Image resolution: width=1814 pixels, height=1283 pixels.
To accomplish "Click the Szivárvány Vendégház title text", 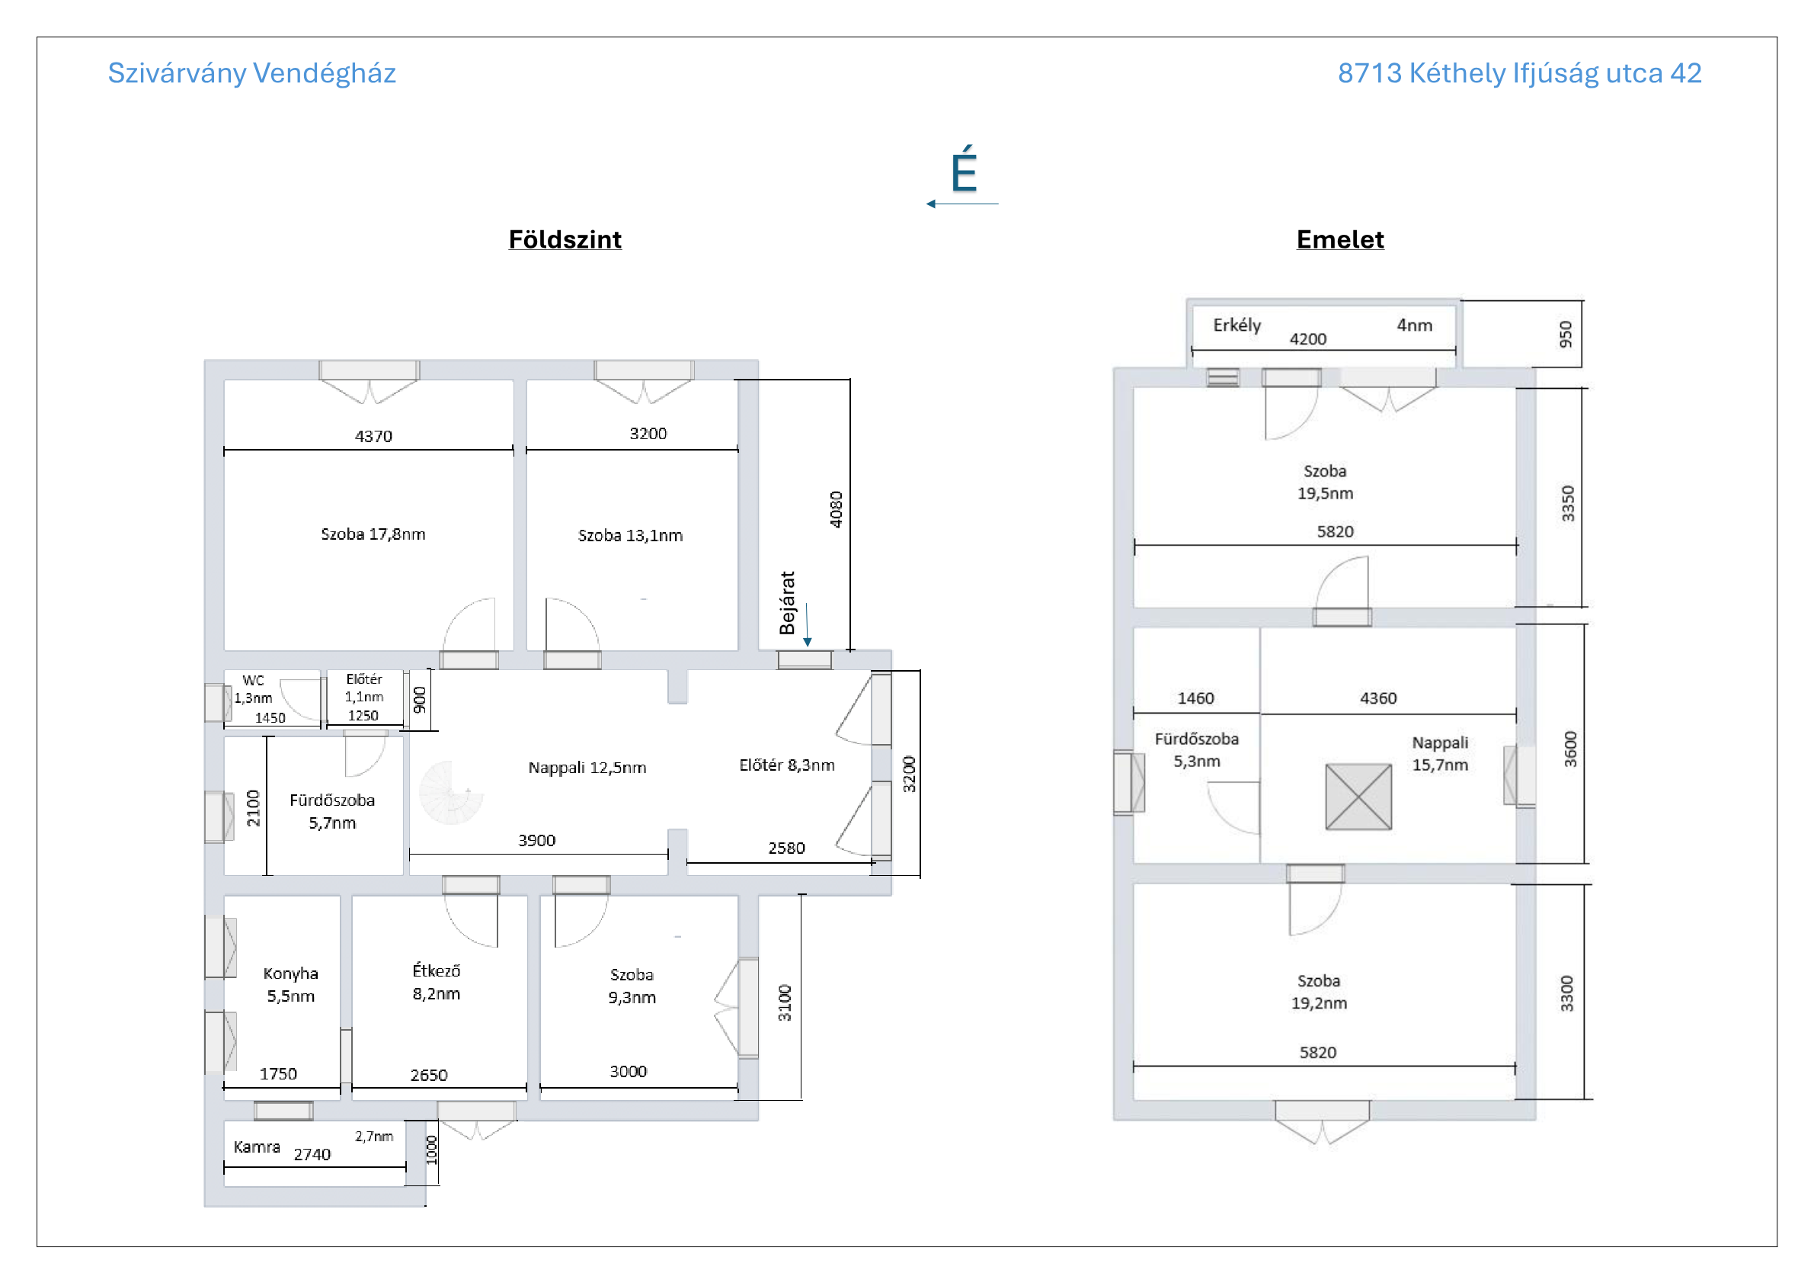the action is point(251,73).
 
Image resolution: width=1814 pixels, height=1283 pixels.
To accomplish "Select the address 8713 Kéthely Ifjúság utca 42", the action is point(1518,73).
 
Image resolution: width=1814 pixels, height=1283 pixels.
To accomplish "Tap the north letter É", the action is point(964,168).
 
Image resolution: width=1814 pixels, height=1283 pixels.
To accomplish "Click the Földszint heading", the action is point(565,239).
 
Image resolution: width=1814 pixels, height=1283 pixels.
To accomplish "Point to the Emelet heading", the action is point(1340,239).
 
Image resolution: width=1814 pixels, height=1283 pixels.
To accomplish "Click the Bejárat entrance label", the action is point(787,603).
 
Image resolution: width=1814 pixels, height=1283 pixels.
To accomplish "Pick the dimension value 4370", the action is point(374,436).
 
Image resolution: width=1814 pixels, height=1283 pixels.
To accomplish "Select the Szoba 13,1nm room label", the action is point(630,535).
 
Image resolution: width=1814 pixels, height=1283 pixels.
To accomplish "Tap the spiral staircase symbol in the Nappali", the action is point(451,792).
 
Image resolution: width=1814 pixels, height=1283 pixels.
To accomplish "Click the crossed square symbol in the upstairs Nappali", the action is point(1358,797).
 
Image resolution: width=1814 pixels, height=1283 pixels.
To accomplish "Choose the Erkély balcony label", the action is point(1237,326).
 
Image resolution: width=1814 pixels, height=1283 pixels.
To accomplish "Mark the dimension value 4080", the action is point(836,510).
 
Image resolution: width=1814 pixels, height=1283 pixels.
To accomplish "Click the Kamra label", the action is point(257,1147).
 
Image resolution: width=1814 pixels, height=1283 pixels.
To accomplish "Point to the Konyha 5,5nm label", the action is point(291,984).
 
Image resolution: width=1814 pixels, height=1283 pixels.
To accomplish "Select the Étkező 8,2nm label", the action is point(436,982).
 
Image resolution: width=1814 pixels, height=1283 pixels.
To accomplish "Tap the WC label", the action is point(254,681).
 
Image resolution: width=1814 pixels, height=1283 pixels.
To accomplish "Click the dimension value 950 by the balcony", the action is point(1565,335).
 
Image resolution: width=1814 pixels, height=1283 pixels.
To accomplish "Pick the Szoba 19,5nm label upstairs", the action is point(1325,483).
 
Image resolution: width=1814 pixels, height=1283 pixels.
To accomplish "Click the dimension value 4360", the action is point(1378,698).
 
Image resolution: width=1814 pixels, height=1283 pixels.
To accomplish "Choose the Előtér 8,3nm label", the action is point(787,765).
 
